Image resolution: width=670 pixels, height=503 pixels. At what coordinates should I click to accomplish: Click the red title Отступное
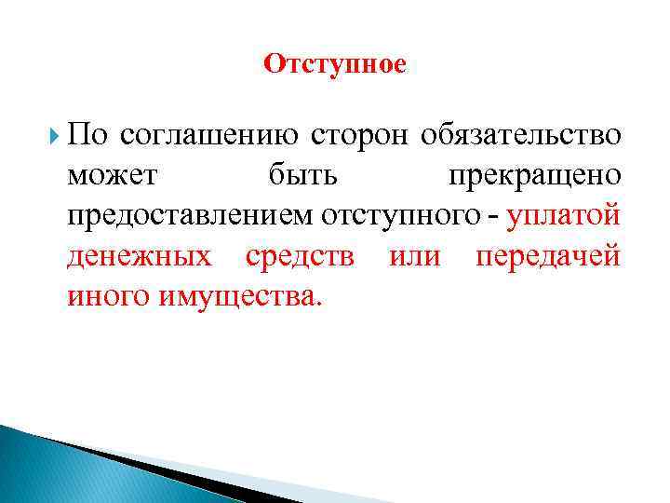335,64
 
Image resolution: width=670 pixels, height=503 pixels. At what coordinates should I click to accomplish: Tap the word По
88,134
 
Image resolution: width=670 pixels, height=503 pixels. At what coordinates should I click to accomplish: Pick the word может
113,175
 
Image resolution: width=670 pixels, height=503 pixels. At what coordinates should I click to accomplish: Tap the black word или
414,256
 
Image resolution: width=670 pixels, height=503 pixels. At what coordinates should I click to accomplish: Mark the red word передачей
547,256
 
